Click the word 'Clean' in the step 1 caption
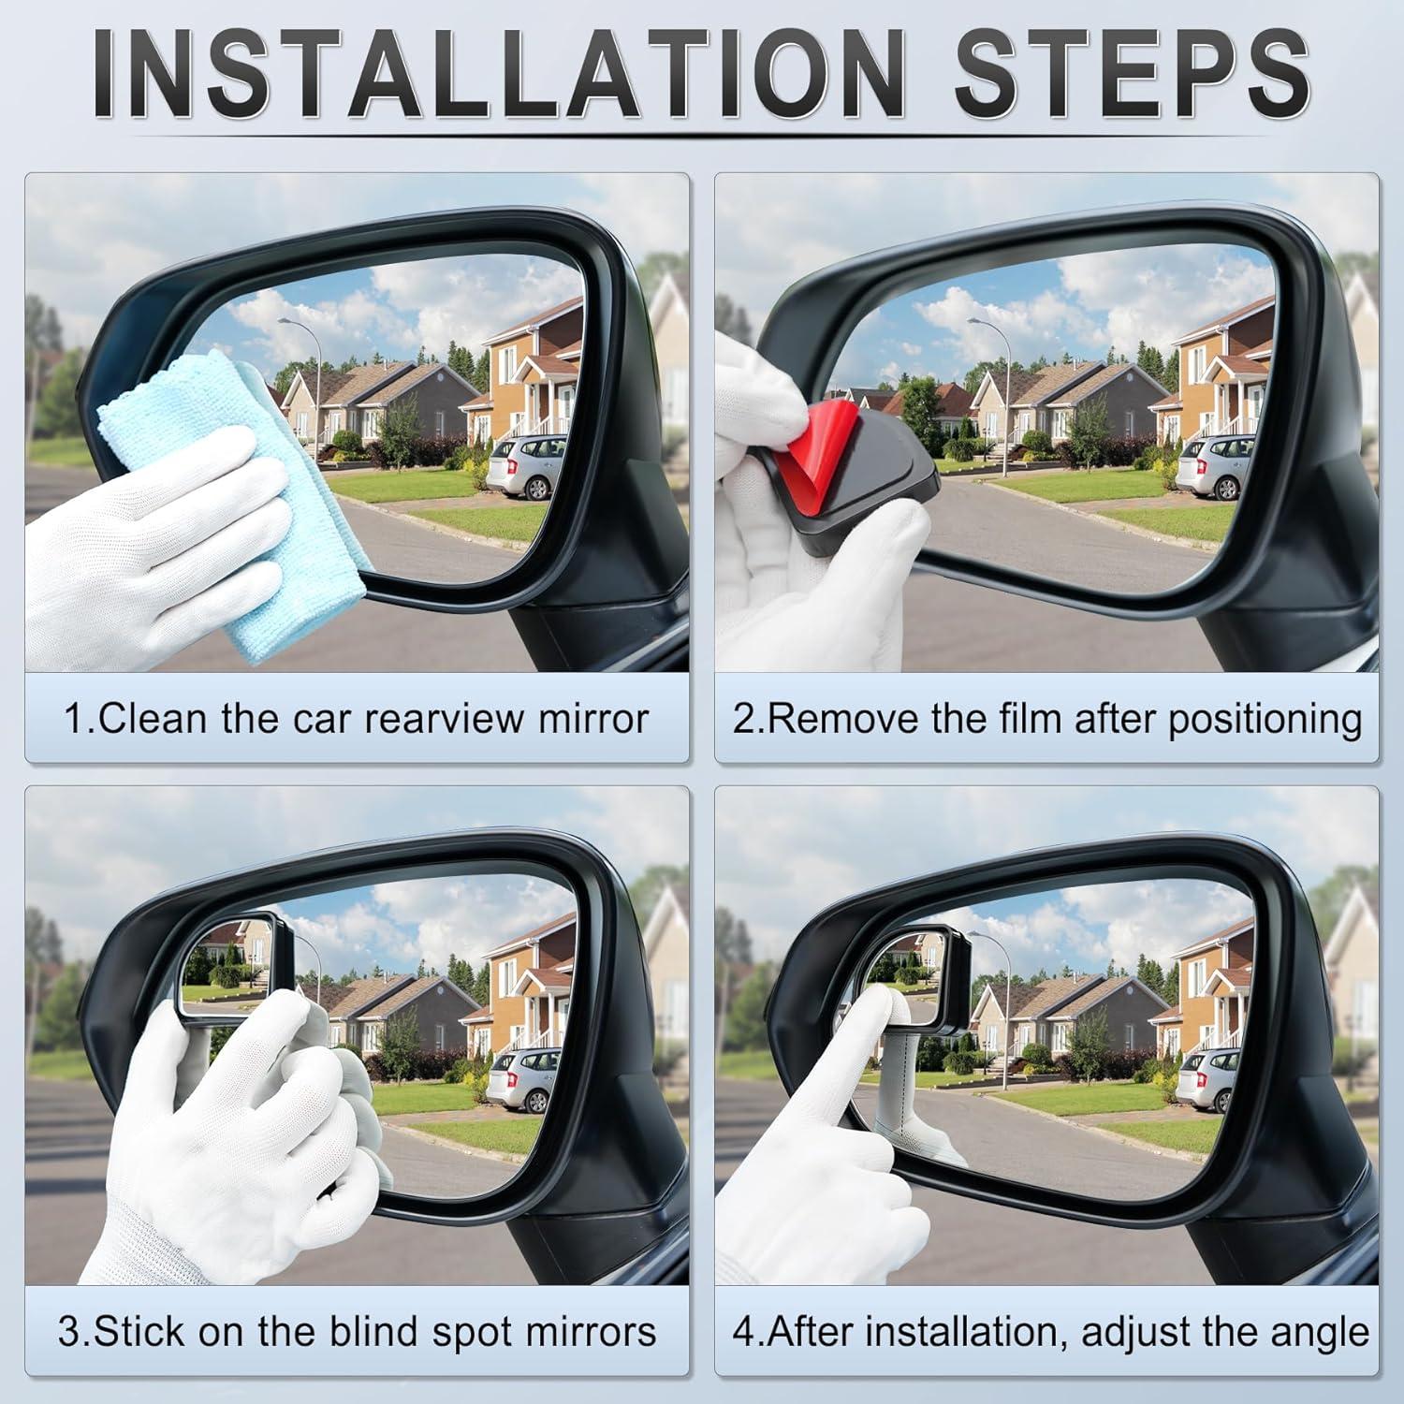pyautogui.click(x=155, y=719)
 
